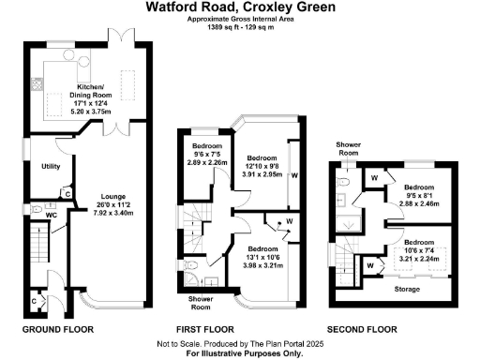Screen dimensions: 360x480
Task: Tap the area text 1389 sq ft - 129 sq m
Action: point(239,25)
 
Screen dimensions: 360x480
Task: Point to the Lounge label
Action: point(113,197)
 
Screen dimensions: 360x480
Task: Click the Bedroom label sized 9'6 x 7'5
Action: point(207,147)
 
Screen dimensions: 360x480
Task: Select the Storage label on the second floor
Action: point(406,290)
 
